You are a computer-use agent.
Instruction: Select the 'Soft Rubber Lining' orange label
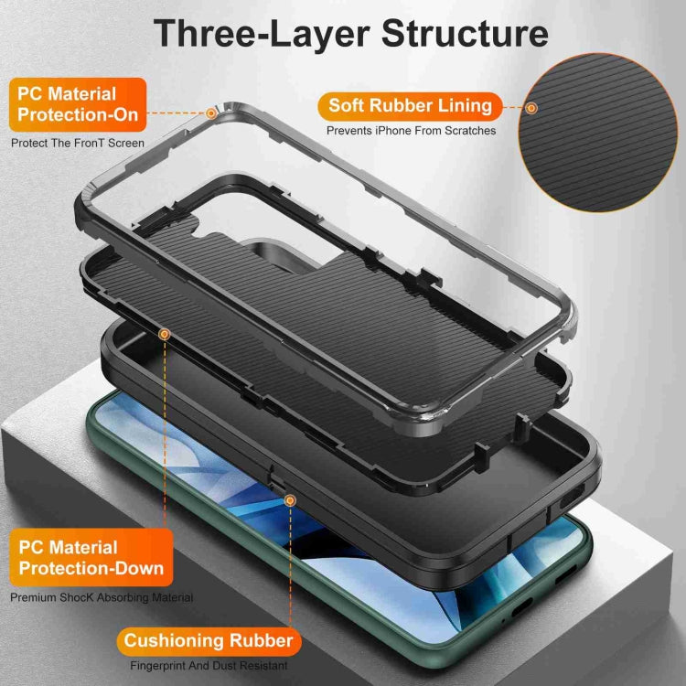pyautogui.click(x=410, y=105)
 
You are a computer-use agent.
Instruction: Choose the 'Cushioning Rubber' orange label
pyautogui.click(x=209, y=640)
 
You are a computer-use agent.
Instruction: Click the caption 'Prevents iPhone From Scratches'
pyautogui.click(x=412, y=131)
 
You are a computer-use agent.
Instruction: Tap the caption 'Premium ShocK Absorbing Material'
pyautogui.click(x=102, y=597)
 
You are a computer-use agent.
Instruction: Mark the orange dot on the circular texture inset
pyautogui.click(x=531, y=108)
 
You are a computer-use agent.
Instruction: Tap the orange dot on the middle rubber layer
pyautogui.click(x=164, y=335)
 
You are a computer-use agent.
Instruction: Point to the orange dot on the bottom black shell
pyautogui.click(x=290, y=500)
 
